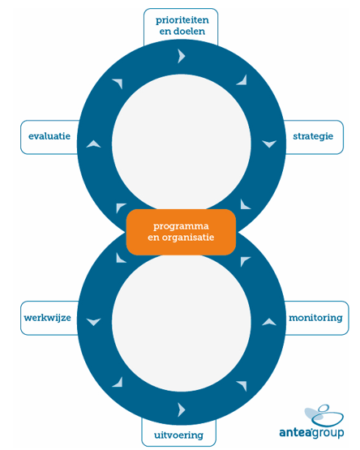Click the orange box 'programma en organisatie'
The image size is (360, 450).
tap(181, 232)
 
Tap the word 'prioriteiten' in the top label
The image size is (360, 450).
tap(182, 20)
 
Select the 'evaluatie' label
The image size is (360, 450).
tap(49, 137)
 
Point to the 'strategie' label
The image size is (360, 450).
tap(313, 137)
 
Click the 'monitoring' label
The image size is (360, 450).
tap(315, 318)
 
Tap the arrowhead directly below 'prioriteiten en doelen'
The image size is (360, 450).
tap(181, 56)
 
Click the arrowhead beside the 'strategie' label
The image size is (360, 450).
tap(269, 144)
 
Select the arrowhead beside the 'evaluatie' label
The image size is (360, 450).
tap(93, 144)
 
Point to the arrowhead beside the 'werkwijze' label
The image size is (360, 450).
tap(93, 322)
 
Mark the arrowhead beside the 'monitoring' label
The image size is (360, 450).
tap(269, 322)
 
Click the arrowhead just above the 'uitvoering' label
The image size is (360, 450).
tap(181, 409)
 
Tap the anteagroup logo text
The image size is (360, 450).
tap(311, 432)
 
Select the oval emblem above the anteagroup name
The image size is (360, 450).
tap(324, 415)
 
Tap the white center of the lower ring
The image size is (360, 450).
tap(182, 322)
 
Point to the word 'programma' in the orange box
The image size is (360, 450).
tap(181, 226)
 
